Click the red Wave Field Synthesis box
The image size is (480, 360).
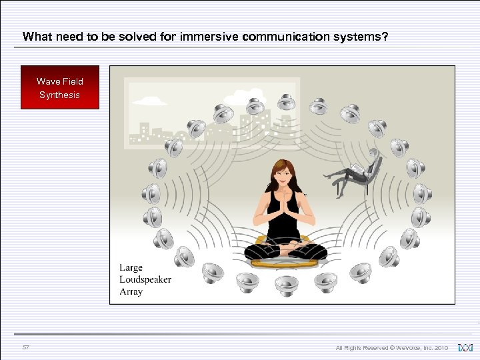(x=60, y=87)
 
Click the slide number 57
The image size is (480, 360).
(x=26, y=347)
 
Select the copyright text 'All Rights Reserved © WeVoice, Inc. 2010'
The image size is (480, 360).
(x=392, y=348)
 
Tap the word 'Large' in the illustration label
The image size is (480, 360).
(x=131, y=268)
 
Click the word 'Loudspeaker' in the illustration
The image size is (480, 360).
(x=145, y=279)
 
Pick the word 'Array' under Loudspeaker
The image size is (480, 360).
(x=131, y=291)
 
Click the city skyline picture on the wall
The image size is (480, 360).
(x=200, y=113)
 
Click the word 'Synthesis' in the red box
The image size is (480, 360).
(x=60, y=95)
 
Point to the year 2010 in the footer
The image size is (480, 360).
(x=441, y=348)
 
